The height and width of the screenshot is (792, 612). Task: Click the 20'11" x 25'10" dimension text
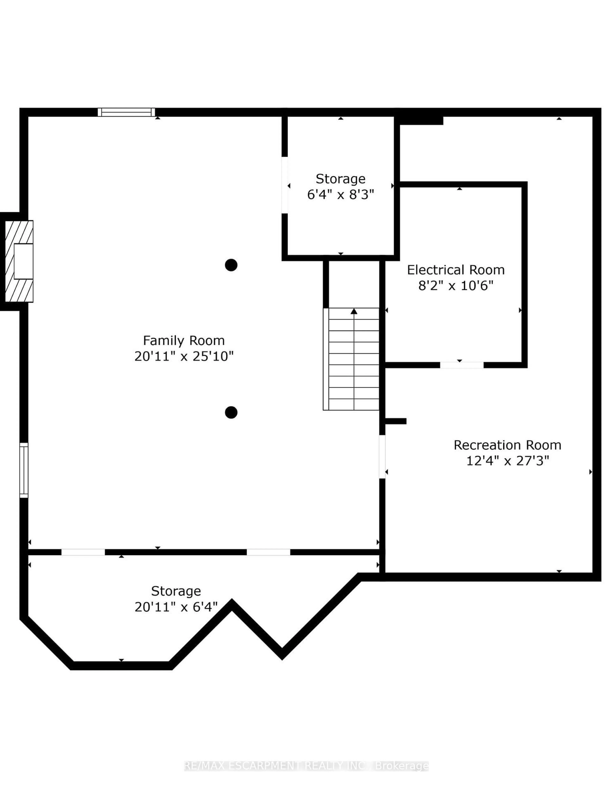[184, 356]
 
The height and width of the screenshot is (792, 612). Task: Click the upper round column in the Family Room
[231, 265]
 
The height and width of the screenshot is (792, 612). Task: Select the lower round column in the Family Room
[231, 412]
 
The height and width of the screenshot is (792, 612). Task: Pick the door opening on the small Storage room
[285, 185]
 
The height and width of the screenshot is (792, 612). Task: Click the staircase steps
[351, 359]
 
